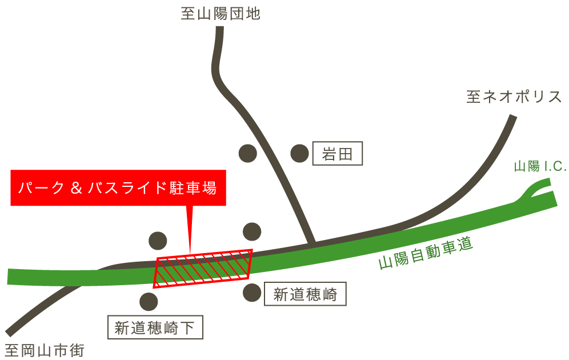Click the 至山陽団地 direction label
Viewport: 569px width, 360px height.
point(221,13)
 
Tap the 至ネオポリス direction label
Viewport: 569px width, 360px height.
point(514,97)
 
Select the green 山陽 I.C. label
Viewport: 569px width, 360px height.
point(539,166)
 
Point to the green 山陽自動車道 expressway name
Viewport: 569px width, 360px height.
point(426,254)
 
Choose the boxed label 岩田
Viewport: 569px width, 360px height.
point(337,154)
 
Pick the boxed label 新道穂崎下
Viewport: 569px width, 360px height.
point(155,328)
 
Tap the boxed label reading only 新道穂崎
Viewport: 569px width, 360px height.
point(305,294)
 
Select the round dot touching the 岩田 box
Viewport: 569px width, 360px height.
point(299,153)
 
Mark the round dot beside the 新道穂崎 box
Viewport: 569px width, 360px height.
point(252,293)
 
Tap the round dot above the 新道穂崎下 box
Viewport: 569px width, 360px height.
point(149,301)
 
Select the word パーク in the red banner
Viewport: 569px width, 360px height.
point(41,188)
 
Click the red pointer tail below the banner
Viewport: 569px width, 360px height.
point(190,229)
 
